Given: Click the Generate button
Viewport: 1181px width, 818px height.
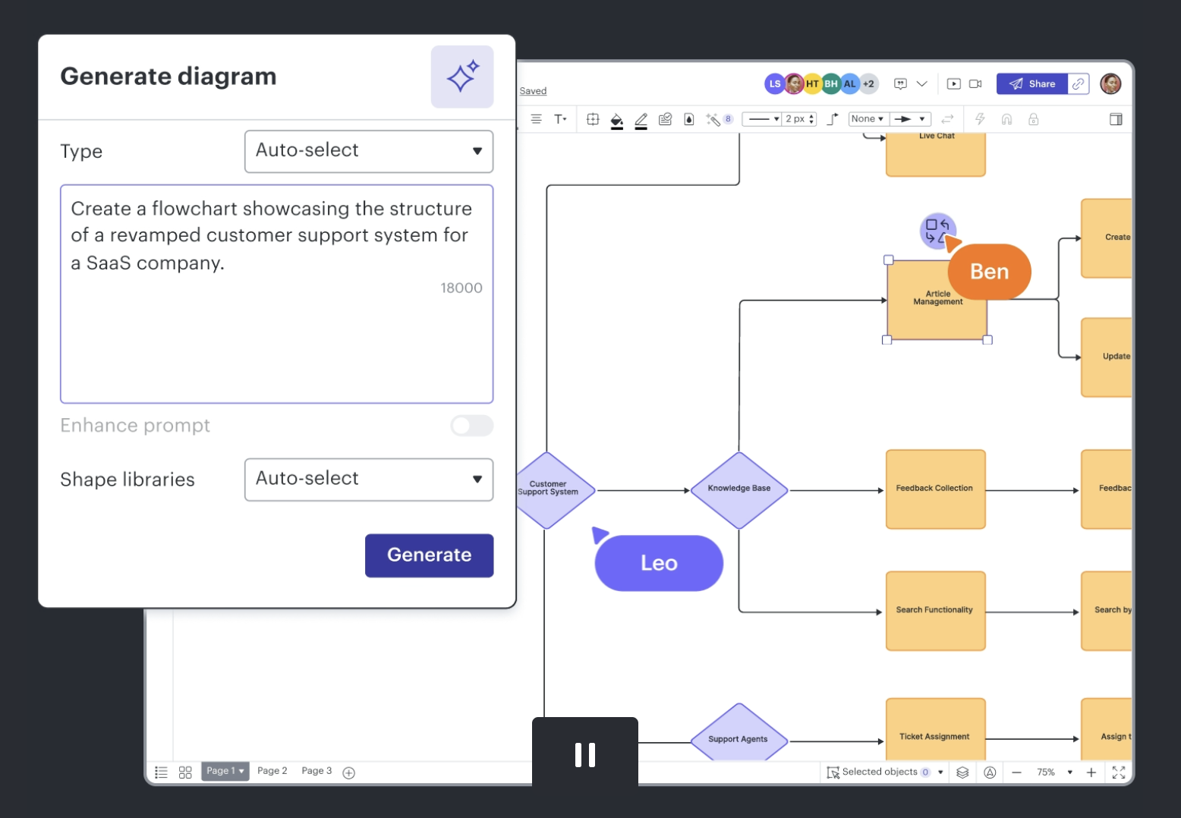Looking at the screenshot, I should tap(429, 555).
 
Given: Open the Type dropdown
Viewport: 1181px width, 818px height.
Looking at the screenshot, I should tap(369, 151).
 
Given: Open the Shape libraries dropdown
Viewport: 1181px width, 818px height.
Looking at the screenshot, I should tap(369, 480).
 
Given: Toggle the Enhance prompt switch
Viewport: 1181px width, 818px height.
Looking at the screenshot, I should tap(471, 426).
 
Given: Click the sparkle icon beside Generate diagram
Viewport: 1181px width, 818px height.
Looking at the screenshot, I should tap(462, 77).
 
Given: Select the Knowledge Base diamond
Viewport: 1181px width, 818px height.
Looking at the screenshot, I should tap(739, 489).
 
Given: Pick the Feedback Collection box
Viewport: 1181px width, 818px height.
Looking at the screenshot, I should tap(935, 489).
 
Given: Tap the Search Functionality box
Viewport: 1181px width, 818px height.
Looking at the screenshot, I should tap(935, 611).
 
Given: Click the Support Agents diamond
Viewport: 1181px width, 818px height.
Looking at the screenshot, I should tap(738, 738).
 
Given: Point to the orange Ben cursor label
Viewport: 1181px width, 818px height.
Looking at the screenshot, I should tap(989, 272).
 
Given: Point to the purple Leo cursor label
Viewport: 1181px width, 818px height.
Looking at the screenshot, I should tap(658, 563).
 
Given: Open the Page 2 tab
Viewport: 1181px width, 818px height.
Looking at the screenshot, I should tap(272, 771).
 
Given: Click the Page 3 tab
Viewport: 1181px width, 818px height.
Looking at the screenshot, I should tap(317, 771).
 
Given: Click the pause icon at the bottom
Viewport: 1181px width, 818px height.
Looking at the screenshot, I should tap(585, 755).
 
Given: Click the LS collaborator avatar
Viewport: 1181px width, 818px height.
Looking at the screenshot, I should tap(774, 84).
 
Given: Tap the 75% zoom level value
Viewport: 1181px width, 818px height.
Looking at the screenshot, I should tap(1046, 772).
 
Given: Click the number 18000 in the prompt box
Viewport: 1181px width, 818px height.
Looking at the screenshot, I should tap(461, 288).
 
